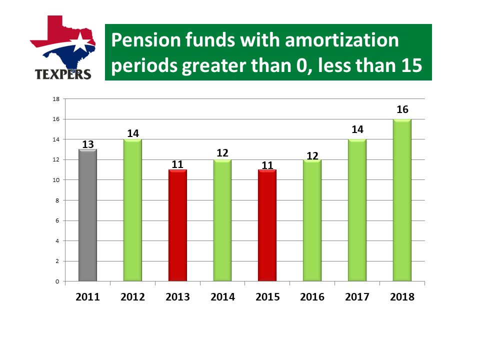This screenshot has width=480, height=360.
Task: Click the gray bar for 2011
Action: [88, 215]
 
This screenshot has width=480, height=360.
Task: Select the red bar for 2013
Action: [177, 225]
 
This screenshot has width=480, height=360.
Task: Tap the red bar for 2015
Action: [267, 225]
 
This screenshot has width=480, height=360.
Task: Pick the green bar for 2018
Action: [402, 200]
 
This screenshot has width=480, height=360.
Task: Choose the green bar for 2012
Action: [132, 210]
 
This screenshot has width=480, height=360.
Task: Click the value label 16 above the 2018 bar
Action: [402, 109]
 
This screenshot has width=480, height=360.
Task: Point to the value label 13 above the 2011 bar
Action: [88, 144]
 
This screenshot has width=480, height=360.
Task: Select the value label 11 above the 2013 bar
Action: [177, 164]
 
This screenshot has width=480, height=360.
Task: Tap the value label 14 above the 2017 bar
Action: [357, 129]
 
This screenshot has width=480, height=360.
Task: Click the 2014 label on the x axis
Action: [222, 296]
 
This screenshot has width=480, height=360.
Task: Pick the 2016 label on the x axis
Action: [312, 296]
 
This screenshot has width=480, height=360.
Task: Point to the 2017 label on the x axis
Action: [357, 296]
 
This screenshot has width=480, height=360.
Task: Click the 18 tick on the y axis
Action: [56, 99]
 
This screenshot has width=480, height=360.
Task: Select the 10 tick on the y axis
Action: [56, 180]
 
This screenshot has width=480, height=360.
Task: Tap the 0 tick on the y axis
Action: [57, 281]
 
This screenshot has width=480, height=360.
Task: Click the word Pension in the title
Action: [146, 40]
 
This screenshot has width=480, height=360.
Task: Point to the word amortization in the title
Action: [341, 40]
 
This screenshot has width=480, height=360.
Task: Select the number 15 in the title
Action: [411, 65]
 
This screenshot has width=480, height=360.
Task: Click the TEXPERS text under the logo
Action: [63, 74]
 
